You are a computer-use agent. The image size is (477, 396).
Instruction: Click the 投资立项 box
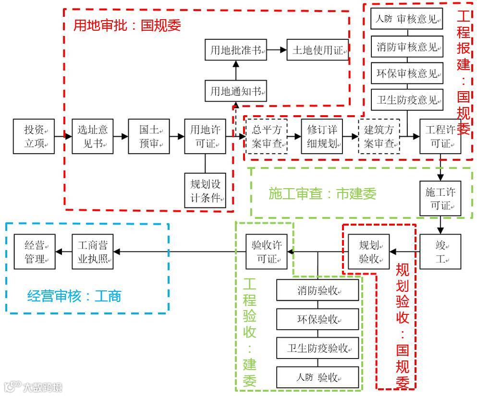click(x=34, y=136)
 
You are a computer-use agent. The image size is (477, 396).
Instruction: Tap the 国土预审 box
click(x=149, y=136)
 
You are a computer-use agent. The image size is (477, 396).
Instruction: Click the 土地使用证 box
click(x=317, y=50)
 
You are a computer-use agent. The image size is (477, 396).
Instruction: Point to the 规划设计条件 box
click(x=205, y=190)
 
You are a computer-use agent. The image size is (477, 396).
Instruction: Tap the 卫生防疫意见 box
click(x=407, y=99)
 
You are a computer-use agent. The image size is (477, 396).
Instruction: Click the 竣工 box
click(x=440, y=251)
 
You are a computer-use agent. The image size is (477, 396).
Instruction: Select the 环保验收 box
click(x=318, y=319)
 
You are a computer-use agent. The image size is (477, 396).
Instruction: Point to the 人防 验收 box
click(x=318, y=378)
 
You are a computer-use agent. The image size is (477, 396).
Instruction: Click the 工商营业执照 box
click(x=93, y=252)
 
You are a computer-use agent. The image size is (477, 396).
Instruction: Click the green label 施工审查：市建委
click(x=322, y=193)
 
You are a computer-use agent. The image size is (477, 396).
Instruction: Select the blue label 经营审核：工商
click(x=74, y=295)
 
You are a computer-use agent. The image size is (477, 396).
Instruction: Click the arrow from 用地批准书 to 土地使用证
click(x=277, y=50)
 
